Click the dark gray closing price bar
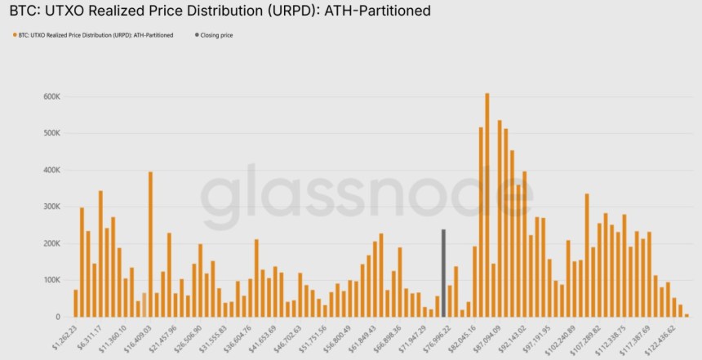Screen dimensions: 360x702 click(443, 273)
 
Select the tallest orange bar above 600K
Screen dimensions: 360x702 click(487, 205)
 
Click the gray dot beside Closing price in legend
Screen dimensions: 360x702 click(196, 35)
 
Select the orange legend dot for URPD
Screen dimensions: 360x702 click(13, 35)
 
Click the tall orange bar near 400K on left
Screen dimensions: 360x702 click(151, 244)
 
